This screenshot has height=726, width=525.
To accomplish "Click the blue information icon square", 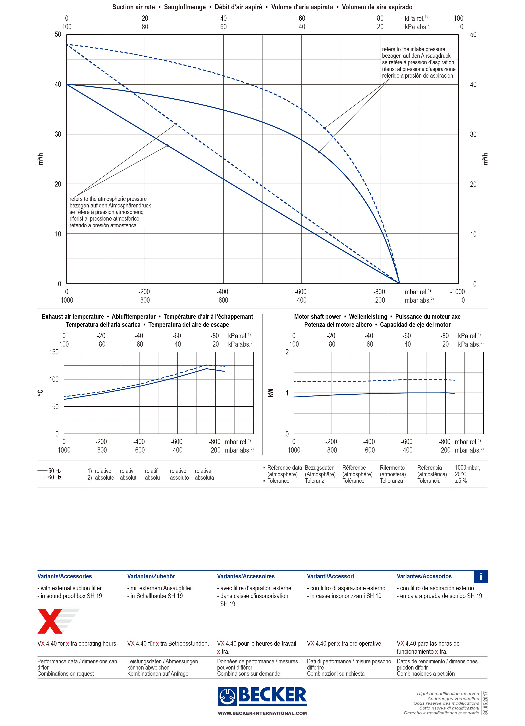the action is point(481,576).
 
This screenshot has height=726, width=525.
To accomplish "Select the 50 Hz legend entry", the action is point(50,471).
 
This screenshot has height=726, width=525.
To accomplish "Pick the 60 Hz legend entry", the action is point(50,478).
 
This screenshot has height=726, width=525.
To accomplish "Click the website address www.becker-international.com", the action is point(262,713).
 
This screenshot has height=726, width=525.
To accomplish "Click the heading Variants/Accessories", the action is point(65,576).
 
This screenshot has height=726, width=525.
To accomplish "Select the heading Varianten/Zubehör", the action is point(151,576).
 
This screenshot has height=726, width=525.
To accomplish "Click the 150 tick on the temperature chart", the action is point(54,352).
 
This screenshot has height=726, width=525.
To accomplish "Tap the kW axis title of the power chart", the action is point(270,393).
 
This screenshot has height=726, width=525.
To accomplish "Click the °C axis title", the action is point(40,393).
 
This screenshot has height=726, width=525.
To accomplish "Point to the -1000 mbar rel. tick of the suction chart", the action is point(457,292).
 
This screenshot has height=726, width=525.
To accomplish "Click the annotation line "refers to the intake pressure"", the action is point(413,49).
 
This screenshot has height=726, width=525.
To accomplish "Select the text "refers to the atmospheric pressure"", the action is point(108,199).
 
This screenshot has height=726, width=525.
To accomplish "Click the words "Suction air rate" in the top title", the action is point(134,7).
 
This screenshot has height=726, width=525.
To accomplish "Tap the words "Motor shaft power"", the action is point(318,317).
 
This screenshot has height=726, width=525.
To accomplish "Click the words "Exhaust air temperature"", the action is point(73,317).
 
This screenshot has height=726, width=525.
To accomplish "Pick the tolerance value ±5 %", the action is point(461,481).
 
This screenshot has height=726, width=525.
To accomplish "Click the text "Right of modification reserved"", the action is point(448,694).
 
